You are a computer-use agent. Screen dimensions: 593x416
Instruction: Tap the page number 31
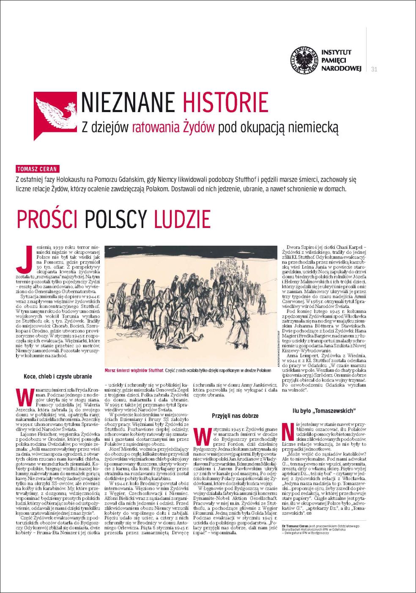point(374,69)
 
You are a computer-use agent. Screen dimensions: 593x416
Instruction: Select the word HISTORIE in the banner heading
point(225,102)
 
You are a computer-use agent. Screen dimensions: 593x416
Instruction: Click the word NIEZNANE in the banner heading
point(128,102)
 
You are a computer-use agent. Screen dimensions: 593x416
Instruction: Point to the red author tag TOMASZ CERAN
point(36,169)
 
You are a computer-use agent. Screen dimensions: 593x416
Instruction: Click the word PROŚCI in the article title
point(47,220)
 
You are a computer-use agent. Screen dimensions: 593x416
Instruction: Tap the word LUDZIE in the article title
point(182,220)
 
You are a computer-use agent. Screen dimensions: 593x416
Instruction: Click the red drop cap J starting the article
point(24,258)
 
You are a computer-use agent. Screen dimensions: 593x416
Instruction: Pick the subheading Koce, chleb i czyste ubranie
point(57,376)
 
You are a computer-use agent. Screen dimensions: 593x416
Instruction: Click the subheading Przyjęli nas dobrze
point(235,416)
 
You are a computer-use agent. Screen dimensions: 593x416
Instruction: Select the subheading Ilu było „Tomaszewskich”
point(324,410)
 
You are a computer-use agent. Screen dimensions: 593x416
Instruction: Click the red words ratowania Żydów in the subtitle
point(174,127)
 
